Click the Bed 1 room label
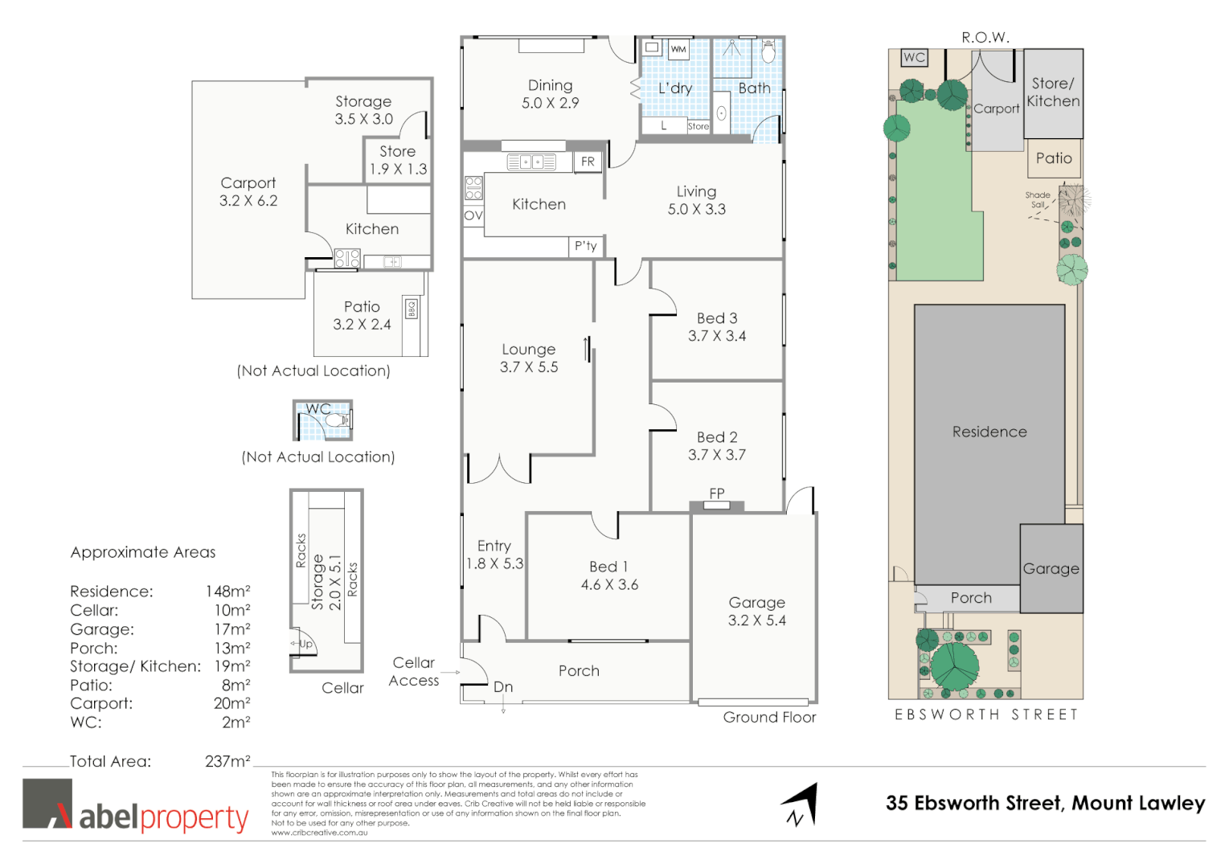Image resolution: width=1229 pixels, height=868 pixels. [x=608, y=567]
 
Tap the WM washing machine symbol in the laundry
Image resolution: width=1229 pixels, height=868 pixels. [x=678, y=49]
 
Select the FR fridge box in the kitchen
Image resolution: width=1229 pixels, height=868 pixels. [x=588, y=162]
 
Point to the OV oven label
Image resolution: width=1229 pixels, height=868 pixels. [x=473, y=215]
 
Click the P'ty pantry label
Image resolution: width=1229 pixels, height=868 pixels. [x=585, y=246]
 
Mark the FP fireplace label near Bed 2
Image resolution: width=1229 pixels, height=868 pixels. [x=717, y=493]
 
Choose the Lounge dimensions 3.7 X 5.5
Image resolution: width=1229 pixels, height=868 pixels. [x=529, y=367]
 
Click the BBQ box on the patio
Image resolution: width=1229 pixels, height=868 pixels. [x=412, y=309]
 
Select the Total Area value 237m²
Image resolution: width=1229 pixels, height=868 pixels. [x=227, y=761]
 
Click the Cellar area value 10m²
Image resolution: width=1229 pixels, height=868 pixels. [x=231, y=610]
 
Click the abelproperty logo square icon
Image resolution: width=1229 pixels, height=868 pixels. [x=47, y=803]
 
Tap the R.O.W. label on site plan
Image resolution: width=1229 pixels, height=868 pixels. [x=985, y=38]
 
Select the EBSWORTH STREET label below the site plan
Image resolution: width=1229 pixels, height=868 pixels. [x=986, y=714]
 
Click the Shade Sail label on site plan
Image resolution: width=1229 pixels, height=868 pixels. [x=1038, y=199]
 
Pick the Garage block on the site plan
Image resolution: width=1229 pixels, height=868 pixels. [x=1051, y=568]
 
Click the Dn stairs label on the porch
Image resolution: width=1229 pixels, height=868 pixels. [x=503, y=687]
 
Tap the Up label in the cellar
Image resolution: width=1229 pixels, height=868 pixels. [x=305, y=644]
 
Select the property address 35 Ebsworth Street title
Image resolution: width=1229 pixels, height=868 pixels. [x=1045, y=803]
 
